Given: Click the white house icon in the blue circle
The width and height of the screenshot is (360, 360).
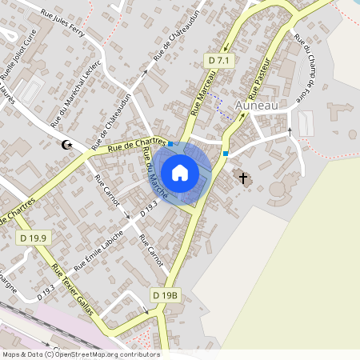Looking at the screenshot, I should pyautogui.click(x=180, y=172).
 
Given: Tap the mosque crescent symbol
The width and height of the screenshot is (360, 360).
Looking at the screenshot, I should pyautogui.click(x=68, y=146).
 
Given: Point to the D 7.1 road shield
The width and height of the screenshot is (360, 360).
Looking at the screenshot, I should pyautogui.click(x=218, y=61).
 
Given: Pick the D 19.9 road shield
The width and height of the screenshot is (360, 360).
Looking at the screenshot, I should pyautogui.click(x=34, y=238).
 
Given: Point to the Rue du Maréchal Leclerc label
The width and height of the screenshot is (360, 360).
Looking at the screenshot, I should pyautogui.click(x=76, y=94).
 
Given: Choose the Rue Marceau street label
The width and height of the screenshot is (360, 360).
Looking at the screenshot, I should pyautogui.click(x=204, y=93).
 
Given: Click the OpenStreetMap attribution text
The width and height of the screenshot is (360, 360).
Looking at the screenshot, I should pyautogui.click(x=80, y=354).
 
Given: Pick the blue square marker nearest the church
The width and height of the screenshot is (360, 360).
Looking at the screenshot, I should pyautogui.click(x=226, y=153).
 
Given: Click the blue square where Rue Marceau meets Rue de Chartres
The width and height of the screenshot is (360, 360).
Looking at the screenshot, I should pyautogui.click(x=170, y=143).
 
